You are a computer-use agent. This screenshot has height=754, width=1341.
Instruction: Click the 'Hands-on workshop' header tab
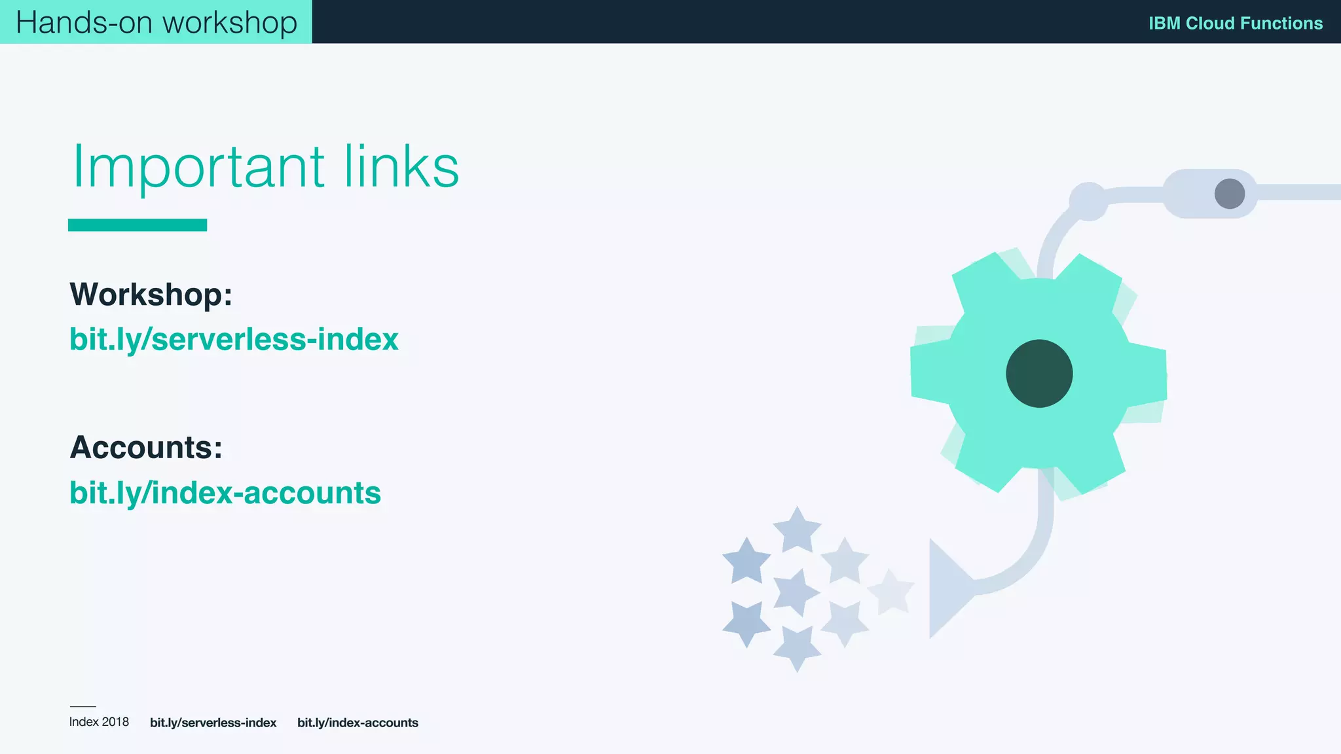click(156, 22)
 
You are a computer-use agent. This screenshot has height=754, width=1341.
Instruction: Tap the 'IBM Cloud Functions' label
click(1235, 24)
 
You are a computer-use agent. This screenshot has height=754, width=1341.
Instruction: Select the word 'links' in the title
click(401, 167)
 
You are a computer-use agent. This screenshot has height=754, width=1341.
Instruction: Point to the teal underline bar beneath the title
click(138, 225)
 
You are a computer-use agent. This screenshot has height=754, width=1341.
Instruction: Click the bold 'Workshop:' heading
click(151, 295)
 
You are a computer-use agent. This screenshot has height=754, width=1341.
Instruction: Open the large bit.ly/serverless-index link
click(234, 340)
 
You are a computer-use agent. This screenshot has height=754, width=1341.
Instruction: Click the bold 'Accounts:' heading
click(146, 448)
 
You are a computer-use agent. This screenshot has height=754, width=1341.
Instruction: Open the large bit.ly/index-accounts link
click(225, 493)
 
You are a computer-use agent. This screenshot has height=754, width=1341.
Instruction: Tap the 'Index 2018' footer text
click(99, 722)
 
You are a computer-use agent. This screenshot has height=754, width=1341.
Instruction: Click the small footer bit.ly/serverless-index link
click(213, 723)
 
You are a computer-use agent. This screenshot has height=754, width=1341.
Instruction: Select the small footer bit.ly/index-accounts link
click(358, 723)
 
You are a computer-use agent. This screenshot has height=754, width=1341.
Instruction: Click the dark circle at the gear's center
click(1039, 374)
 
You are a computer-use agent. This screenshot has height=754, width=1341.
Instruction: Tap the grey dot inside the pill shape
click(1229, 194)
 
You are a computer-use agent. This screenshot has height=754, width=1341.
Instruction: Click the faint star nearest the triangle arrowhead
click(891, 592)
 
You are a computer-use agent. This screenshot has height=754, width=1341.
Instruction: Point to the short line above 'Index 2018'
click(83, 707)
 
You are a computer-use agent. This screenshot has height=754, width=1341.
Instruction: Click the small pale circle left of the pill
click(1088, 201)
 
